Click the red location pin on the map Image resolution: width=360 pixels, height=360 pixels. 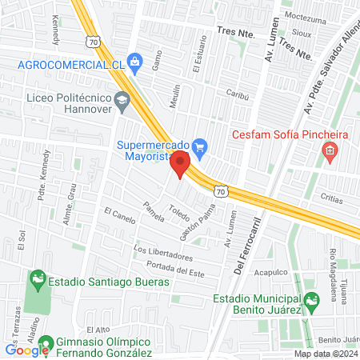181,162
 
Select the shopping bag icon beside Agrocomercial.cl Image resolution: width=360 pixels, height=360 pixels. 134,62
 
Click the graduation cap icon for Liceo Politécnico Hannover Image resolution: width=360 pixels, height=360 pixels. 122,100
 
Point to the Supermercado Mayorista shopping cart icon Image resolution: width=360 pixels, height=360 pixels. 200,146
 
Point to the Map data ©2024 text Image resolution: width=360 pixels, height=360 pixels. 324,354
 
